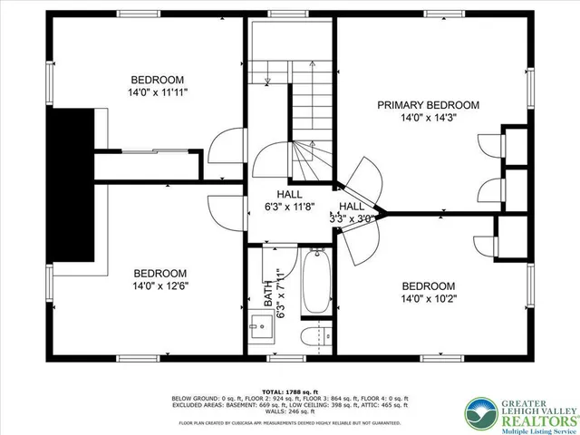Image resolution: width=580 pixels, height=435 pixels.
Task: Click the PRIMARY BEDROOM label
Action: coord(429,105)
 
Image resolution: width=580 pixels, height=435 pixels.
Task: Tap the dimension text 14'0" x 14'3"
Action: coord(429,117)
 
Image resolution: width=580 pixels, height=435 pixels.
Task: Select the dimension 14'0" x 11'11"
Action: coord(157,92)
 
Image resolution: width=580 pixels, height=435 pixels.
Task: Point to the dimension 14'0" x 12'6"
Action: coord(160,286)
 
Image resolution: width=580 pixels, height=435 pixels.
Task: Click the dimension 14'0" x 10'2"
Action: coord(428,297)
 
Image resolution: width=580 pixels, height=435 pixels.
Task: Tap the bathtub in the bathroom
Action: coord(316,283)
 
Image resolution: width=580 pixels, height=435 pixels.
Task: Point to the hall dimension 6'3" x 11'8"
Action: coord(289,207)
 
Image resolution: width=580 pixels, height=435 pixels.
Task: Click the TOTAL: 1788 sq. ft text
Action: coord(290,391)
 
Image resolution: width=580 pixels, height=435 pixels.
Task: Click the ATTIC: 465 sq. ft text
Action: coord(385,404)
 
